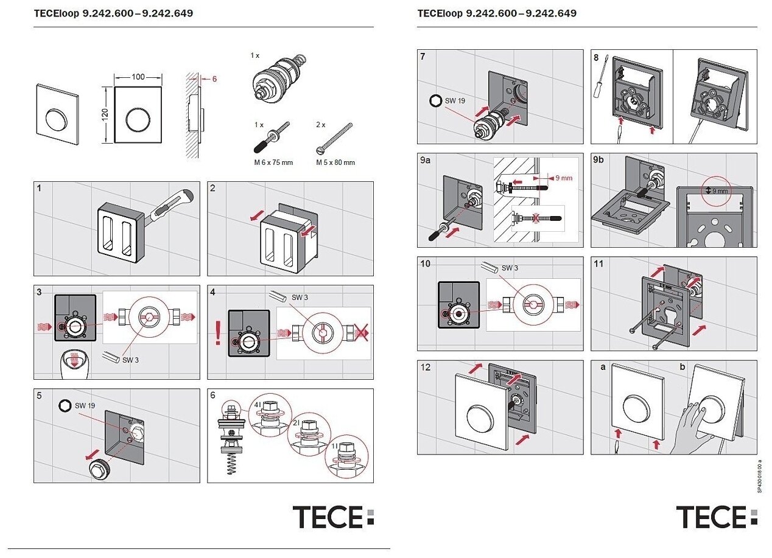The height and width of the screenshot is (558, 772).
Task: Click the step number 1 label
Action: pyautogui.click(x=39, y=189)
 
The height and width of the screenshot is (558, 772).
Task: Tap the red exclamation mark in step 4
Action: pyautogui.click(x=219, y=335)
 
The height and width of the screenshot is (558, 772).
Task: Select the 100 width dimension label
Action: pyautogui.click(x=138, y=77)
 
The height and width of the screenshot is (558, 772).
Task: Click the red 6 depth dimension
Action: pyautogui.click(x=214, y=78)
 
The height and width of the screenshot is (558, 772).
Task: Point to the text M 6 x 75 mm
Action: pyautogui.click(x=273, y=162)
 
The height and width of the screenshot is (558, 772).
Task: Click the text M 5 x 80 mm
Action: pyautogui.click(x=335, y=162)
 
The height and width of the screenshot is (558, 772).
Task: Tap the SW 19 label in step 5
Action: pyautogui.click(x=85, y=405)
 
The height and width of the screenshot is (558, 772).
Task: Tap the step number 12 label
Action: pyautogui.click(x=425, y=367)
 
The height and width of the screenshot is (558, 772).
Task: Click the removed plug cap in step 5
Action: pyautogui.click(x=97, y=470)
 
